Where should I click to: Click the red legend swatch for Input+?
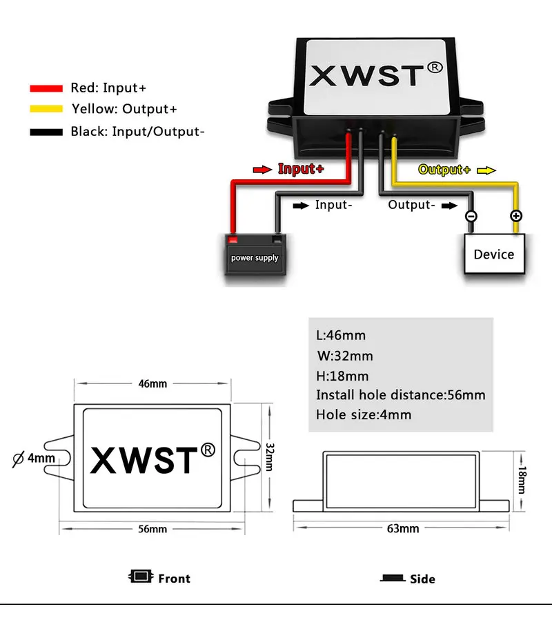click(x=46, y=88)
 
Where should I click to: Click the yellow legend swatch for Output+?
click(x=46, y=110)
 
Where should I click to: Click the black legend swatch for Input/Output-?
click(x=46, y=131)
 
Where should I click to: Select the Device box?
click(x=494, y=254)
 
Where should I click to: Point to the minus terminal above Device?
click(x=471, y=216)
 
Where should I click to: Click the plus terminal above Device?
click(x=515, y=216)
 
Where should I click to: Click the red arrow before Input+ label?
click(x=263, y=169)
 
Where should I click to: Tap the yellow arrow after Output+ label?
click(x=486, y=170)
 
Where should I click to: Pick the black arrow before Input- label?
click(x=301, y=205)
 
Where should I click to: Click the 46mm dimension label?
click(x=152, y=383)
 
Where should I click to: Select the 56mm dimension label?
click(x=152, y=529)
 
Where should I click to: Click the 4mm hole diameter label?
click(x=41, y=458)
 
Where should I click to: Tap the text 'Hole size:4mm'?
click(x=364, y=415)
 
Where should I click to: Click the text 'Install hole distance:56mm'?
click(x=401, y=395)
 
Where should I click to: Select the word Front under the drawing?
click(x=174, y=579)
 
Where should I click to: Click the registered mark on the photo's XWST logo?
click(x=434, y=68)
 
